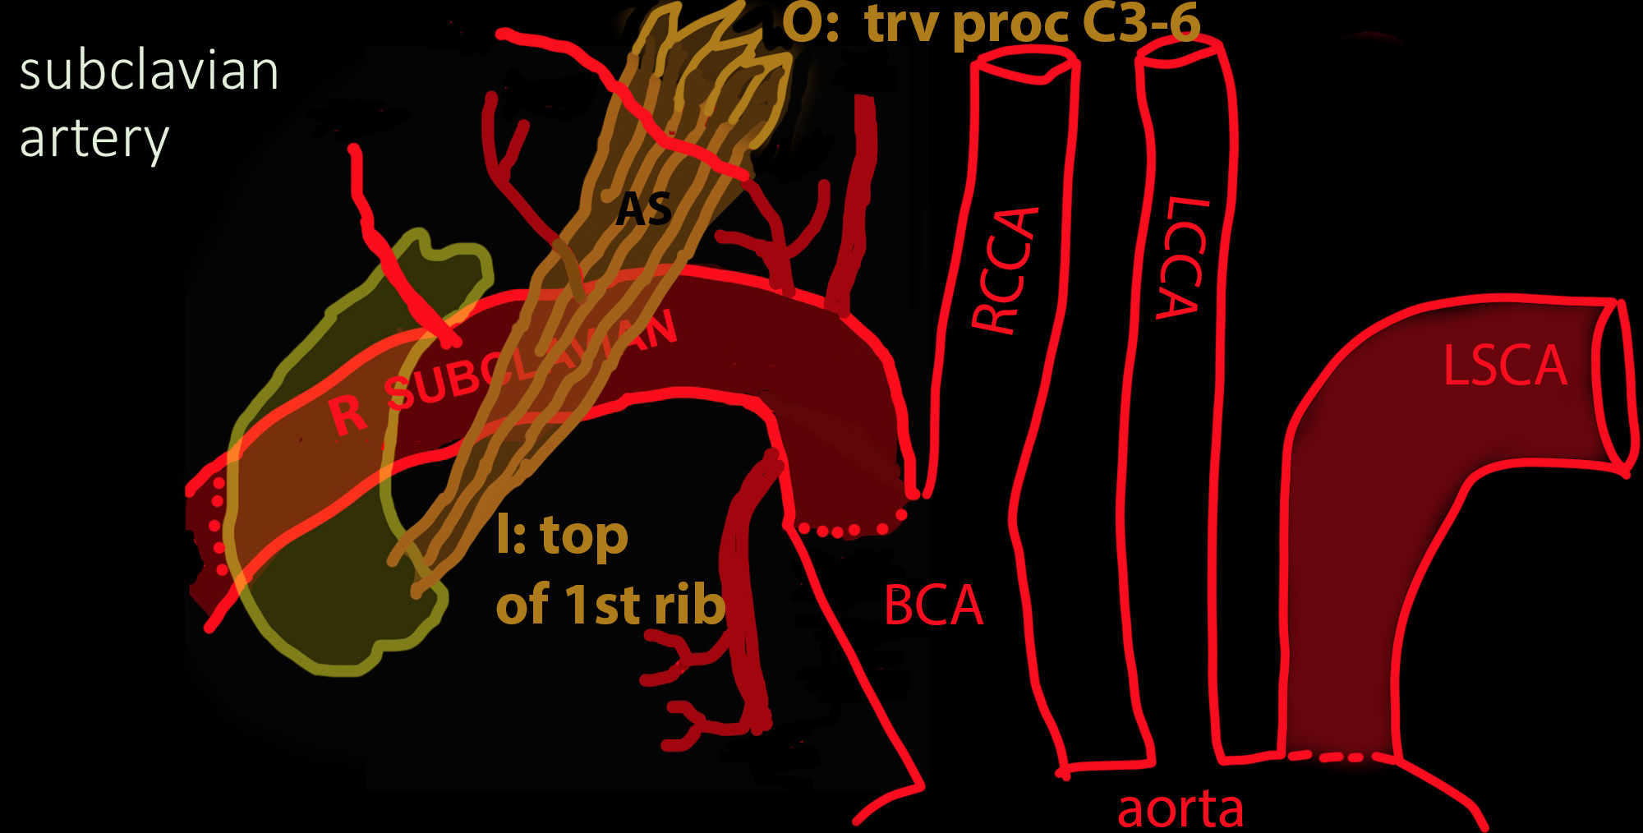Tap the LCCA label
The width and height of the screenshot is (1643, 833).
1183,257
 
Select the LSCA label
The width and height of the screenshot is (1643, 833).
1505,366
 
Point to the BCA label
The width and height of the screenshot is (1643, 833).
933,606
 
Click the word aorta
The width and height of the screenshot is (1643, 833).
1180,809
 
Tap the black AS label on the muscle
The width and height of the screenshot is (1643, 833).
644,209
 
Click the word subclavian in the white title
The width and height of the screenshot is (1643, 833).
149,71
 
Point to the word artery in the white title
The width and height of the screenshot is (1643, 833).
94,140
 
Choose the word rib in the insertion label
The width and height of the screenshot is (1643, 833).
690,605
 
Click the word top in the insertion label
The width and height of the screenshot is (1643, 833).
584,536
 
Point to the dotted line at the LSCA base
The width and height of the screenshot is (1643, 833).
1339,756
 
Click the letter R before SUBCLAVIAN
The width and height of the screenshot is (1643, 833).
347,414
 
